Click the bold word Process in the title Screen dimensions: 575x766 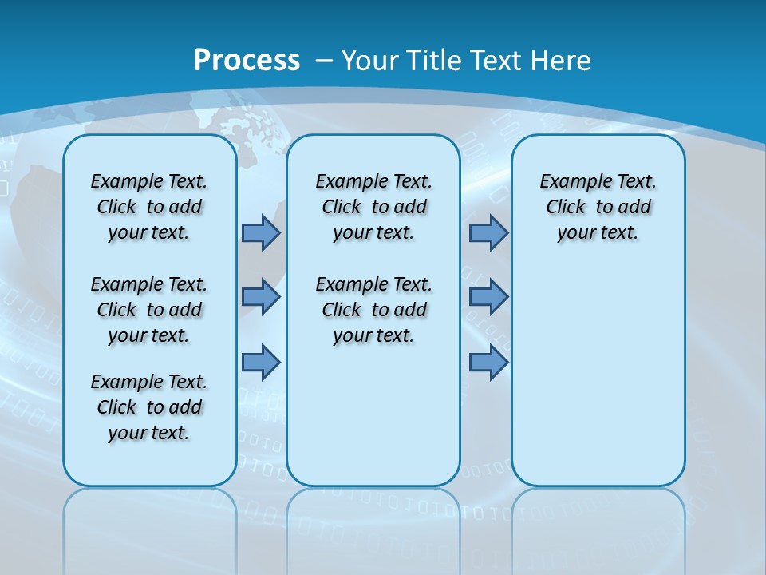247,60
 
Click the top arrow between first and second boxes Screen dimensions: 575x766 261,232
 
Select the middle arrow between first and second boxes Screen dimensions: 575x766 261,297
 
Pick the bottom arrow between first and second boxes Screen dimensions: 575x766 261,362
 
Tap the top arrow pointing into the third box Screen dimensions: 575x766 488,232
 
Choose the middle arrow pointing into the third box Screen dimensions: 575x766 488,297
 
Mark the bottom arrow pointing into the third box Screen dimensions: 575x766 488,362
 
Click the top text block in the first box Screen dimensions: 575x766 149,207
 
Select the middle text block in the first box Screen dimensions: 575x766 149,310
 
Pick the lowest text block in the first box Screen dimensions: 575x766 149,407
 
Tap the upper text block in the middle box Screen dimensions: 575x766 373,207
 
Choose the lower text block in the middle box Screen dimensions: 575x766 373,310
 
